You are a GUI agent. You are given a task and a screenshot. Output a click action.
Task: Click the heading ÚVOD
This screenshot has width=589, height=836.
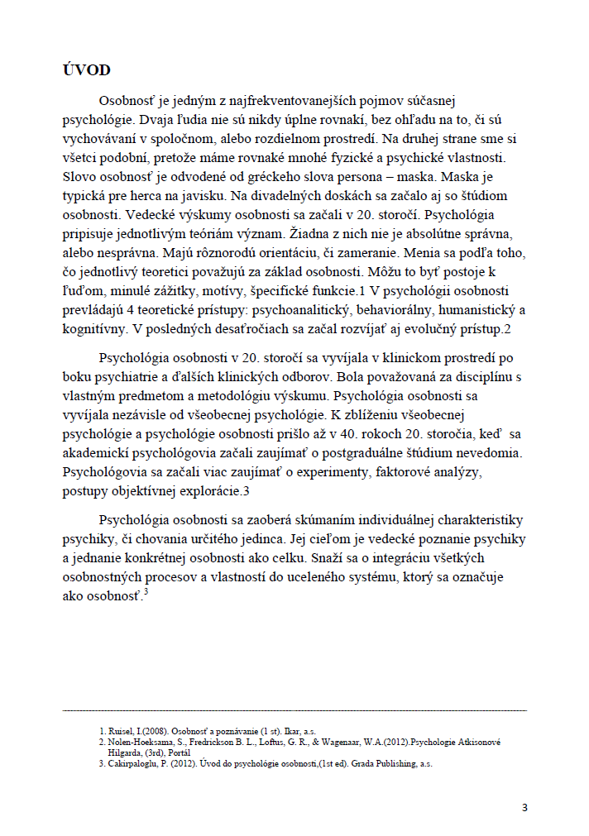coord(87,69)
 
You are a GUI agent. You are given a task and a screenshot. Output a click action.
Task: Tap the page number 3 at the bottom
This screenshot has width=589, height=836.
coord(524,808)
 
